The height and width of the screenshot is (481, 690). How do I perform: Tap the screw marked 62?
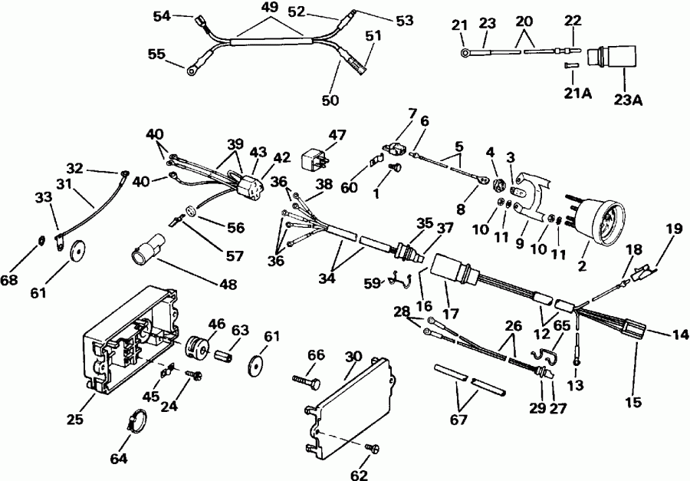tap(374, 449)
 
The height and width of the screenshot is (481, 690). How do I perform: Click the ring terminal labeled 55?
tap(189, 71)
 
